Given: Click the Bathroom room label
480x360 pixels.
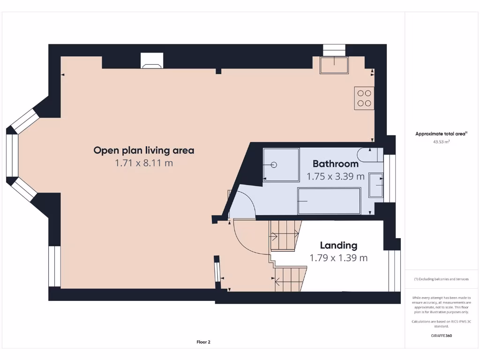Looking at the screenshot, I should click(x=336, y=164).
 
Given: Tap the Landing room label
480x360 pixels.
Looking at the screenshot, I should click(x=338, y=245).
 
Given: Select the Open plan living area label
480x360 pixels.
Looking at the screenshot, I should click(x=143, y=150).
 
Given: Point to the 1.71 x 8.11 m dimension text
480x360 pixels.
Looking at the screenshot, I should click(x=143, y=163).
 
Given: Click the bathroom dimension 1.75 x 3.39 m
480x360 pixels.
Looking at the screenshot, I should click(x=336, y=177).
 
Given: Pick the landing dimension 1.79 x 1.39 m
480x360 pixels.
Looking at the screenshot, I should click(x=338, y=258).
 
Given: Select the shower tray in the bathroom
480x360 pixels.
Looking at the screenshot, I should click(x=281, y=165).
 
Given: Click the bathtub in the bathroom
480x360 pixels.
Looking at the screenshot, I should click(x=329, y=201).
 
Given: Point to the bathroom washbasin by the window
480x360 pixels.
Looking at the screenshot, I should click(x=376, y=185).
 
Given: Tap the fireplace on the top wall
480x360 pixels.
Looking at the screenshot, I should click(x=152, y=60).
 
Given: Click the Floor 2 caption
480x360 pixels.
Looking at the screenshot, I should click(x=203, y=342).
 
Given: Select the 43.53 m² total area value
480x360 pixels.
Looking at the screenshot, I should click(x=441, y=141).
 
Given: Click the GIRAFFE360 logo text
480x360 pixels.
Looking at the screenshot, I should click(x=441, y=336).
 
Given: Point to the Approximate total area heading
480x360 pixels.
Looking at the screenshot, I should click(x=441, y=134).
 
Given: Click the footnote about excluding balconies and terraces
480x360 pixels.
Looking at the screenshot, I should click(x=441, y=279).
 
